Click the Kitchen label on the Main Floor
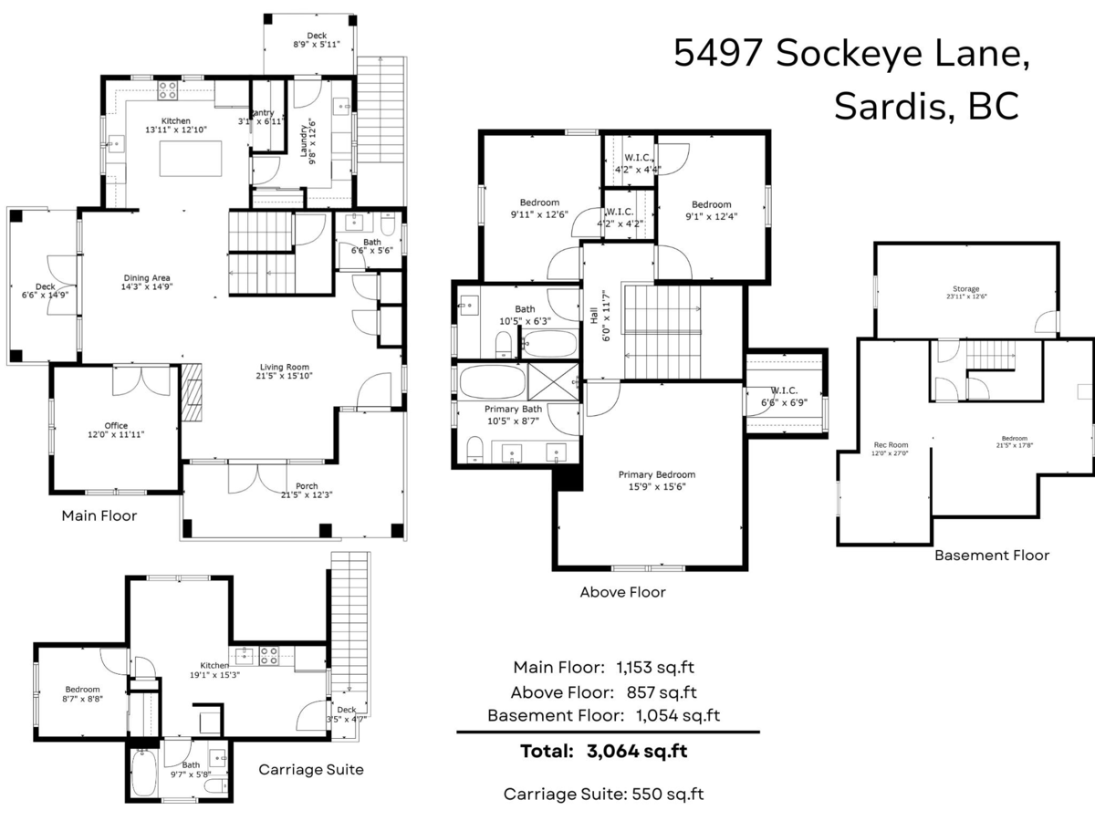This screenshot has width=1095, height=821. tap(176, 120)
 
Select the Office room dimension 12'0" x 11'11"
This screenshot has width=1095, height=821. tap(116, 435)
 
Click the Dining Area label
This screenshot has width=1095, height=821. tap(148, 277)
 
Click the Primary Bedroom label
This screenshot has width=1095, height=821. tap(656, 474)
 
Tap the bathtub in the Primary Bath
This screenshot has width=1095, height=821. tap(492, 380)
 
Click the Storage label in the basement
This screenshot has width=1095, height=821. tap(965, 289)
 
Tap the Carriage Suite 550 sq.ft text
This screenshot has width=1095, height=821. tap(603, 794)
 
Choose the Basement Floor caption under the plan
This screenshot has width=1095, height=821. tap(991, 555)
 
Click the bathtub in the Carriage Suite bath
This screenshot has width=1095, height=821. tap(144, 774)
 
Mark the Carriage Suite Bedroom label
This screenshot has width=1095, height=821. tap(82, 690)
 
